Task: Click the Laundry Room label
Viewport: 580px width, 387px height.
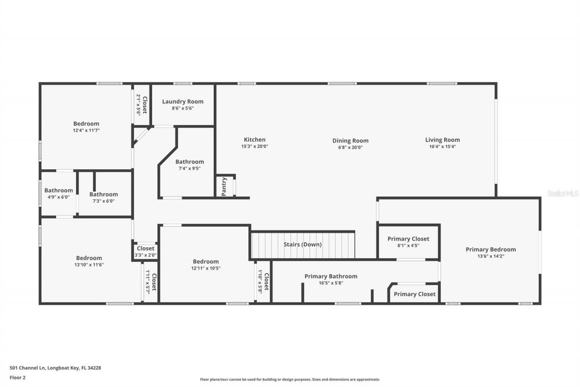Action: coord(183,102)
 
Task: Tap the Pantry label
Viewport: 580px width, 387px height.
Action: coord(224,186)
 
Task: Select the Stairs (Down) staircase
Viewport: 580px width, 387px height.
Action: coord(303,245)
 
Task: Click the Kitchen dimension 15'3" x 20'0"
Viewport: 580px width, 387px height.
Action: coord(255,147)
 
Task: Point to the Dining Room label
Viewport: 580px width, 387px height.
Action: coord(350,141)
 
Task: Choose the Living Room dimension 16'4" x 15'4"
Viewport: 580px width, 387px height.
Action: coord(442,147)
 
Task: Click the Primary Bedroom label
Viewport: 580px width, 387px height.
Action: coord(490,249)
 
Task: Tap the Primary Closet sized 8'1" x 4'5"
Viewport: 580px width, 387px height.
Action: coord(408,242)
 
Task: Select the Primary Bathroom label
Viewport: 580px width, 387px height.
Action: coord(331,276)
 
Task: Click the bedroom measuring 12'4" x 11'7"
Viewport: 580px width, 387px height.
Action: coord(86,127)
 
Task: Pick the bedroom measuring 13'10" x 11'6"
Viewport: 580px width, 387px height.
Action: coord(89,261)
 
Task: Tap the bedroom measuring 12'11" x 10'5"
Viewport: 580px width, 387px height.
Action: coord(206,265)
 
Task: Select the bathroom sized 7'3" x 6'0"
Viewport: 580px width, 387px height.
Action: coord(104,197)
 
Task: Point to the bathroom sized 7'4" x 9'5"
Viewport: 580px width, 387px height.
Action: coord(189,165)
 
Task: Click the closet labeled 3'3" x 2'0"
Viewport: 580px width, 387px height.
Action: coord(145,251)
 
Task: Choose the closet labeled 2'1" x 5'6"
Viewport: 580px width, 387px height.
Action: coord(141,105)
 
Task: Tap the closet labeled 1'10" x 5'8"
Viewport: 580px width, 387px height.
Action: coord(263,281)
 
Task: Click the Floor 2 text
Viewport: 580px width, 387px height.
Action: coord(17,377)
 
